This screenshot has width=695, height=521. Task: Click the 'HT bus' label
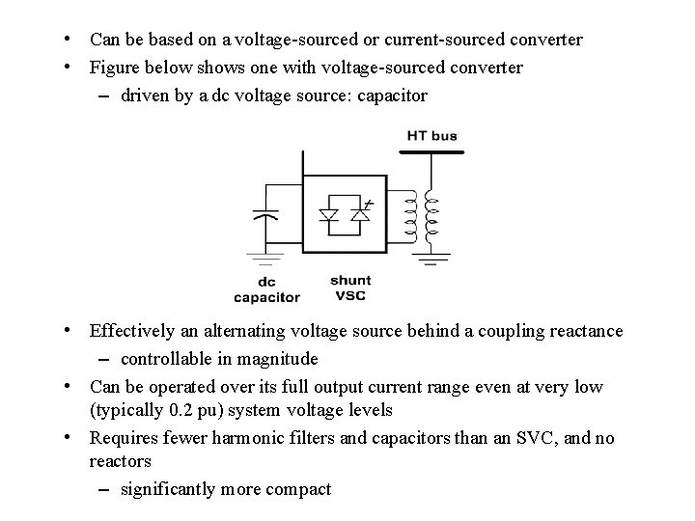point(431,136)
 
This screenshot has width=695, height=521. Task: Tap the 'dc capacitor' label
point(266,290)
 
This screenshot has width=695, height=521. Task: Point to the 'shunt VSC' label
point(350,288)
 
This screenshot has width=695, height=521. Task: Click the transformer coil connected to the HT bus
point(431,217)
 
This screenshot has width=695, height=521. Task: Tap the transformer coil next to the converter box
point(409,217)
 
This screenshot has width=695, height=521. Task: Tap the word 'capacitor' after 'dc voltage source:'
point(392,96)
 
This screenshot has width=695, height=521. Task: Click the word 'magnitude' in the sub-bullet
point(280,359)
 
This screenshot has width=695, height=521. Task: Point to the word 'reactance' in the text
point(586,331)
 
